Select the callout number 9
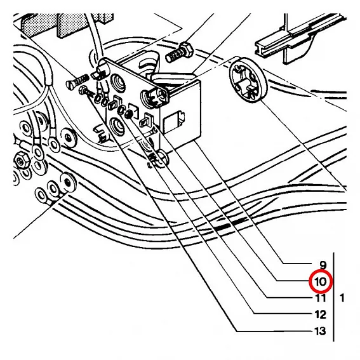click(323, 264)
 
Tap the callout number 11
click(320, 297)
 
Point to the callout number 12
click(320, 314)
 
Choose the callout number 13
click(320, 331)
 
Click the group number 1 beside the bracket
click(343, 297)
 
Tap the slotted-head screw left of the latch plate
click(76, 82)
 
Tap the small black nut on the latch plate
click(128, 113)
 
